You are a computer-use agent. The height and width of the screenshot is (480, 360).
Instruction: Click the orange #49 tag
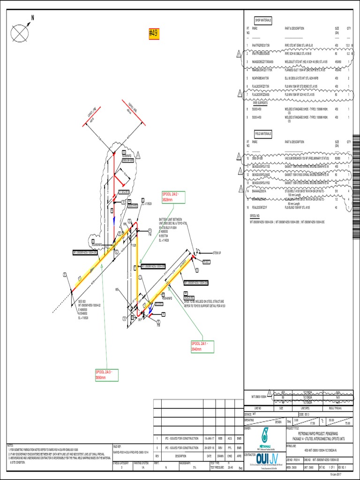[x=154, y=33]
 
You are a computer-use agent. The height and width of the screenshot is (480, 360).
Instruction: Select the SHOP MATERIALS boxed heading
[x=263, y=21]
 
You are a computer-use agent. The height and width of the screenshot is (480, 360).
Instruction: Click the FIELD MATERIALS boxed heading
[x=263, y=133]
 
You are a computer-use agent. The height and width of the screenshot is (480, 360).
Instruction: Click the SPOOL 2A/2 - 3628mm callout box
[x=173, y=197]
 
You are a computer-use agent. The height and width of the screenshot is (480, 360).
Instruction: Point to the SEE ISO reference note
[x=83, y=301]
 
